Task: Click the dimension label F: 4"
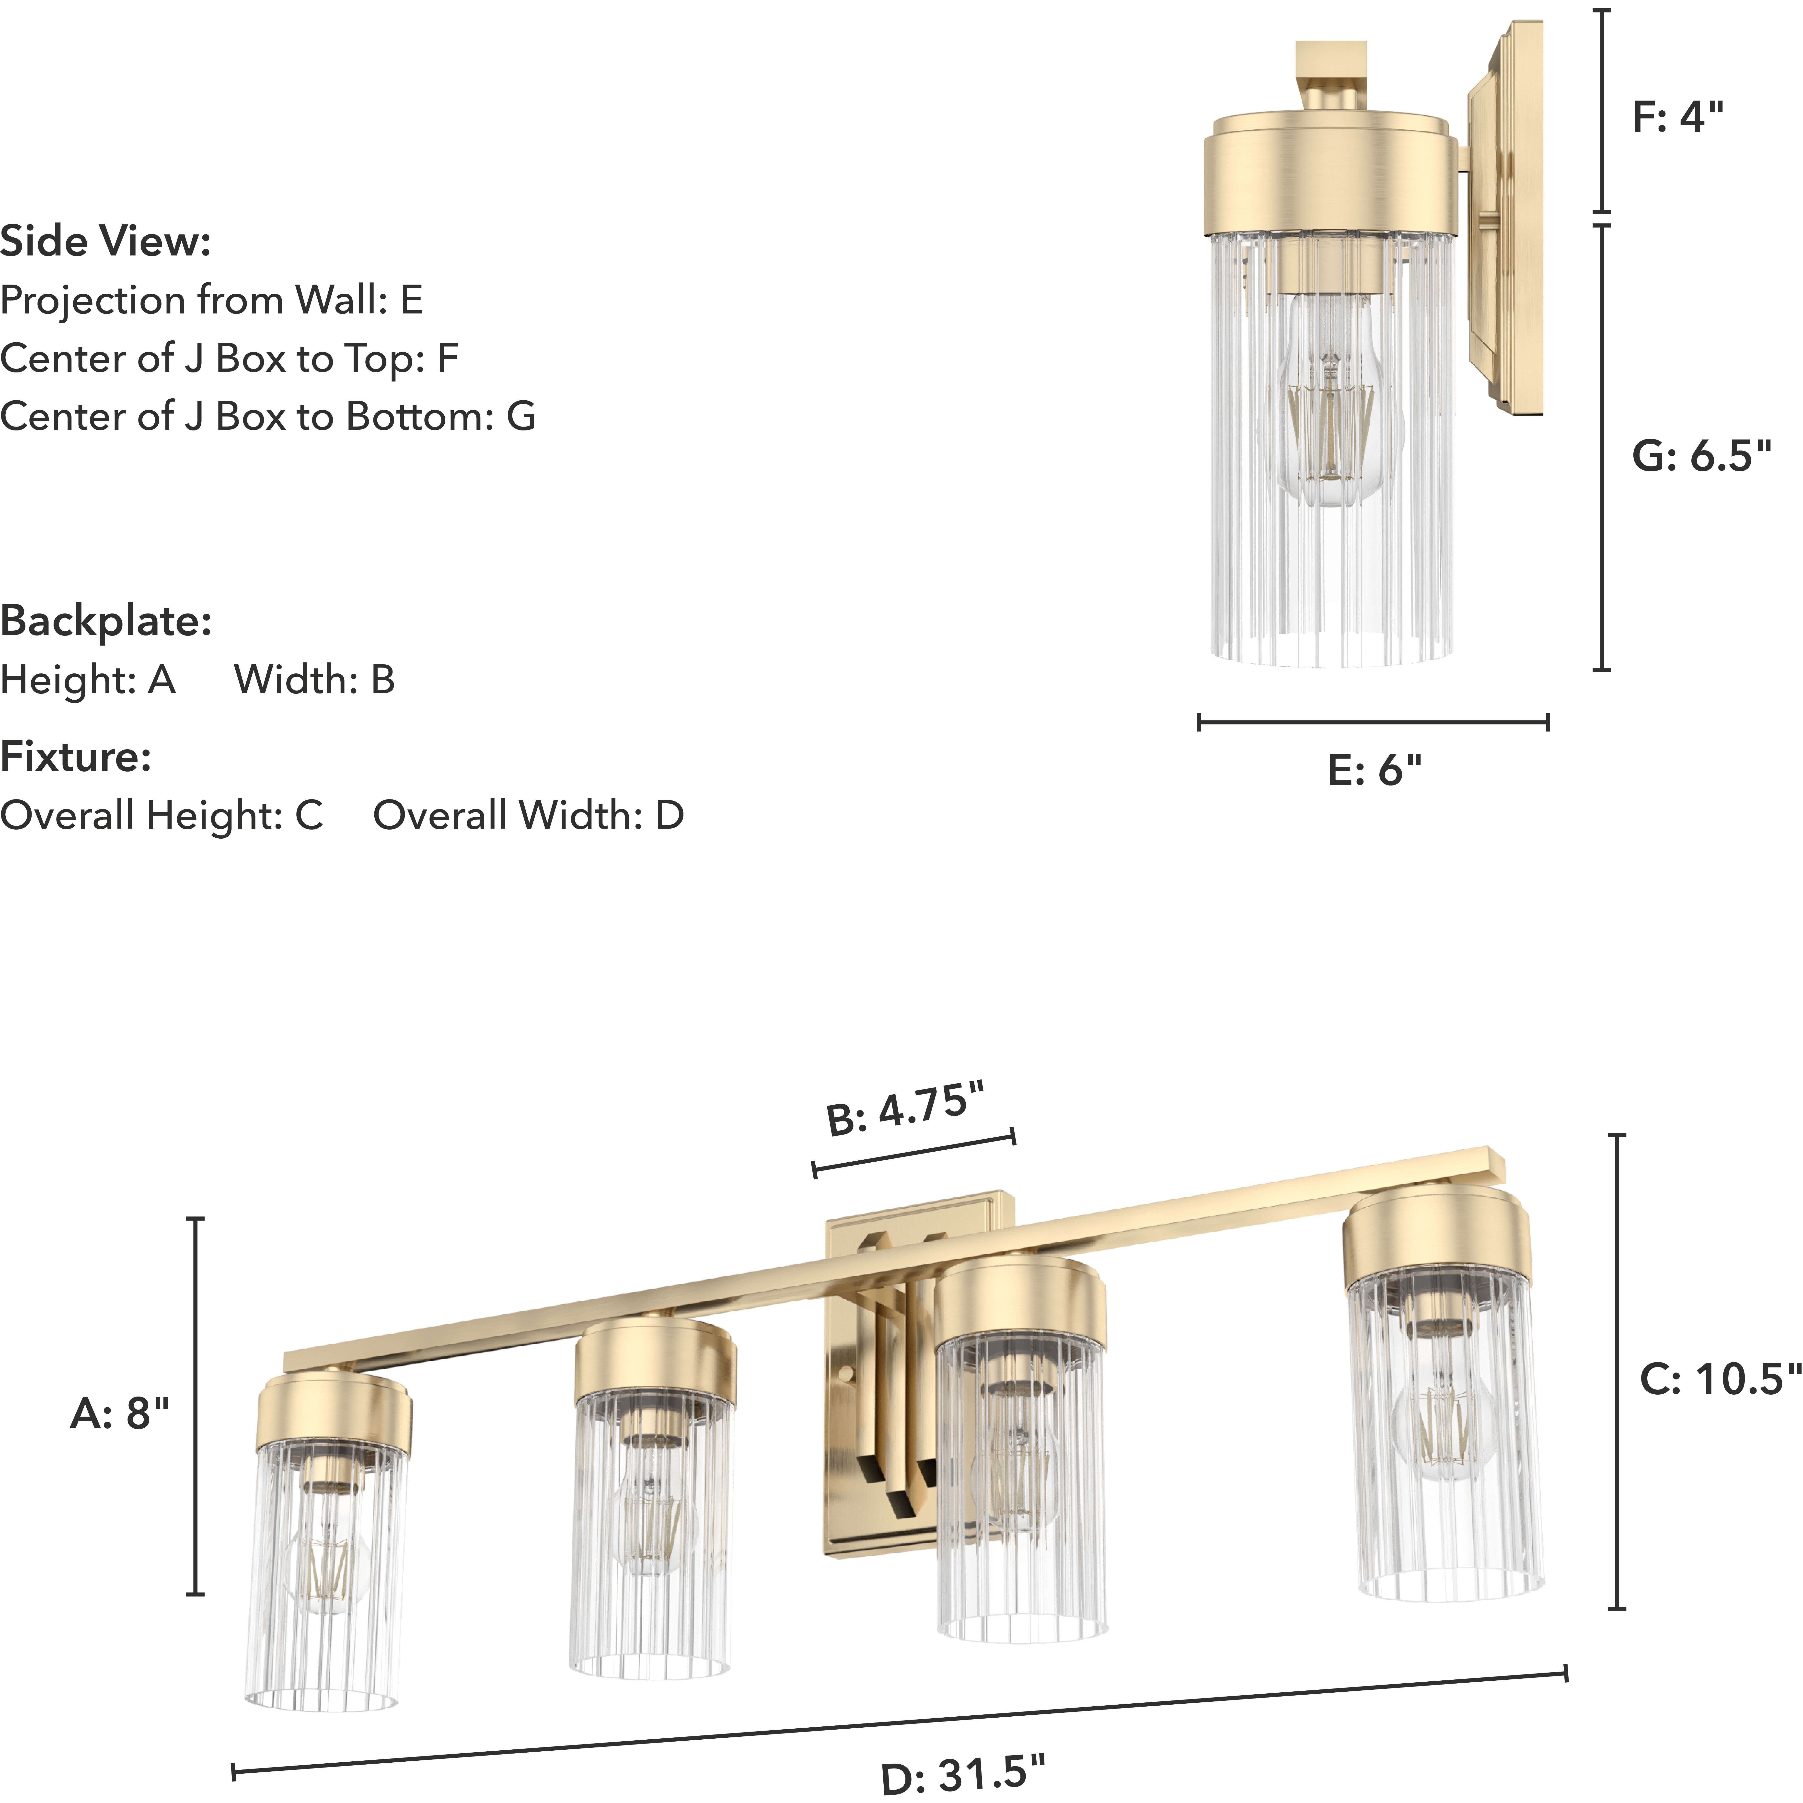pyautogui.click(x=1677, y=117)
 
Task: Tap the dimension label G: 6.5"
pyautogui.click(x=1700, y=456)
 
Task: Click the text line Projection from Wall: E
pyautogui.click(x=212, y=300)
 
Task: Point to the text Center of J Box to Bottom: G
pyautogui.click(x=268, y=416)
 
